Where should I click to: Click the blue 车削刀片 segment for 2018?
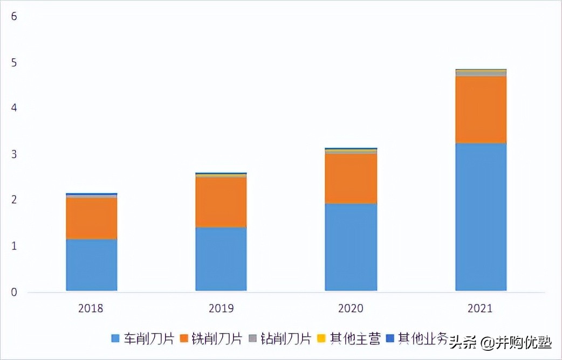(x=91, y=265)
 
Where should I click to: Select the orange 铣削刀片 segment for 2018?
(x=91, y=218)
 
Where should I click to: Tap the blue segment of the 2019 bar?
(x=221, y=259)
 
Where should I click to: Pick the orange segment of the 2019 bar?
(x=221, y=202)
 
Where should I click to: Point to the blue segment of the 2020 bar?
(x=351, y=247)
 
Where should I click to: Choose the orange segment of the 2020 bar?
(x=351, y=178)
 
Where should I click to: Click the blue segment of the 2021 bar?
(x=481, y=217)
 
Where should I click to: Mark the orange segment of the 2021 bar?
(x=481, y=109)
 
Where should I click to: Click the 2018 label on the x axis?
(x=91, y=309)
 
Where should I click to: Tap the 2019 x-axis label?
(x=221, y=309)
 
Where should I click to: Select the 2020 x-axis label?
(x=351, y=309)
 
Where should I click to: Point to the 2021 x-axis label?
(x=480, y=309)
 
